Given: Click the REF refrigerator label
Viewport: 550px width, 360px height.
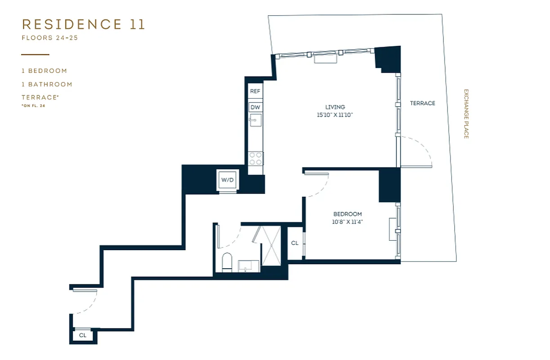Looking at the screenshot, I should click(255, 91).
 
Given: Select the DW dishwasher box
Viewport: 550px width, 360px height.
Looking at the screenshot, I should click(255, 107).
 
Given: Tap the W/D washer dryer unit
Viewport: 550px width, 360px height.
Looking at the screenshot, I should click(227, 180).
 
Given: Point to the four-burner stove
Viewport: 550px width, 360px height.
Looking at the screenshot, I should click(256, 159).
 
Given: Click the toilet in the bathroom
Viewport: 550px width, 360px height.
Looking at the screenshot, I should click(227, 262).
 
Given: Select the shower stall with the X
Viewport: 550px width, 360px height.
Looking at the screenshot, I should click(271, 246).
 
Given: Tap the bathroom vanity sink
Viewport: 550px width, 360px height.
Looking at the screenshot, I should click(248, 266).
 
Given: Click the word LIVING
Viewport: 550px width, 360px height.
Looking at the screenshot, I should click(335, 107).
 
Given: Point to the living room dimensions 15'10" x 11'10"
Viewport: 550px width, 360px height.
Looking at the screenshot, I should click(335, 115).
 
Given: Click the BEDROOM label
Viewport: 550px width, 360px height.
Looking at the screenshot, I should click(347, 214).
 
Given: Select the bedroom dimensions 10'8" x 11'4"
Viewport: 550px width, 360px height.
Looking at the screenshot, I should click(347, 222).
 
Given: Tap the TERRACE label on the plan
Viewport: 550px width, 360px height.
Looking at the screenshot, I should click(422, 103).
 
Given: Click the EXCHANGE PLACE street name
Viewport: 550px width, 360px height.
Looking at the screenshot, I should click(466, 113).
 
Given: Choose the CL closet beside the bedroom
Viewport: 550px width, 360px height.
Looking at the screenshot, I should click(295, 243).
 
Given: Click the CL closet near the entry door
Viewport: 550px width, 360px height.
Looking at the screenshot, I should click(83, 335).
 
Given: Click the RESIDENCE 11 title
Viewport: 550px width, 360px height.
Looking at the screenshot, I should click(84, 24).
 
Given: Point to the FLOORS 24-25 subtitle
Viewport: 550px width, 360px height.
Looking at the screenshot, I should click(50, 38).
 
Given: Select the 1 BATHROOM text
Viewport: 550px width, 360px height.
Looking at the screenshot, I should click(47, 84).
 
